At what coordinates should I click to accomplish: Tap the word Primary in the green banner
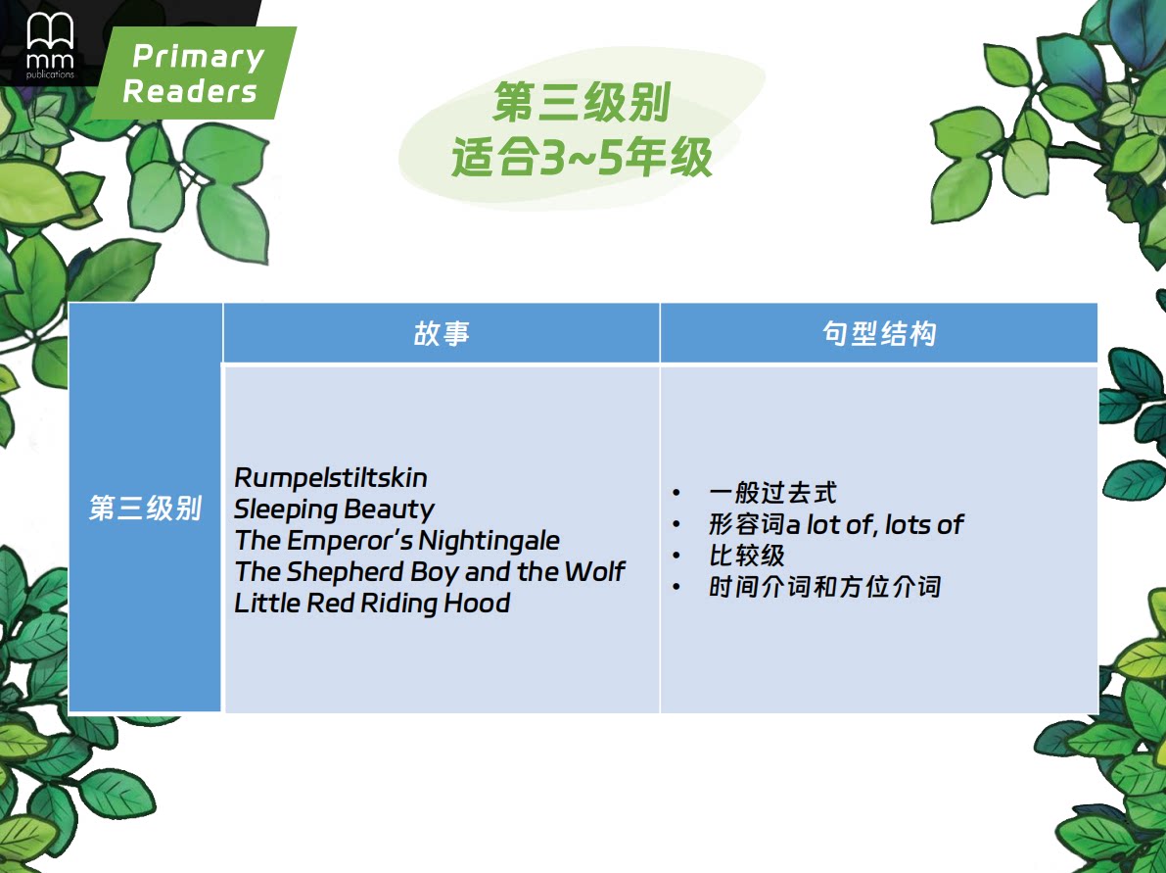(x=199, y=57)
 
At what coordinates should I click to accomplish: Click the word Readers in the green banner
(x=190, y=91)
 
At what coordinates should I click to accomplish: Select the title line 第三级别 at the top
(x=582, y=102)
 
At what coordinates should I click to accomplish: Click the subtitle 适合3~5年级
(x=582, y=157)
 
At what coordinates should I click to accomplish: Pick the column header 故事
(x=442, y=333)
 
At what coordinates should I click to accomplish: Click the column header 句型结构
(x=879, y=333)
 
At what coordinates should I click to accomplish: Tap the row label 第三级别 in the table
(x=146, y=509)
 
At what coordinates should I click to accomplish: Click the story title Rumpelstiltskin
(x=331, y=478)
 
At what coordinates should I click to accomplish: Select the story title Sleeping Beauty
(x=334, y=509)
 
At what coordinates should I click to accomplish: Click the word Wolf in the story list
(x=595, y=571)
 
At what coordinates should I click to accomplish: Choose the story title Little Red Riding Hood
(x=373, y=603)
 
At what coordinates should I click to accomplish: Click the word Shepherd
(x=345, y=571)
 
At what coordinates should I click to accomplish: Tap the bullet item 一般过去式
(x=772, y=493)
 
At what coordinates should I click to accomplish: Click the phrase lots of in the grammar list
(x=924, y=525)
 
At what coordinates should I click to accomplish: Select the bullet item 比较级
(x=747, y=556)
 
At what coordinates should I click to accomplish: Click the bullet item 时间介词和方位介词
(x=824, y=587)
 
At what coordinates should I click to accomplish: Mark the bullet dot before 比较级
(x=676, y=556)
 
